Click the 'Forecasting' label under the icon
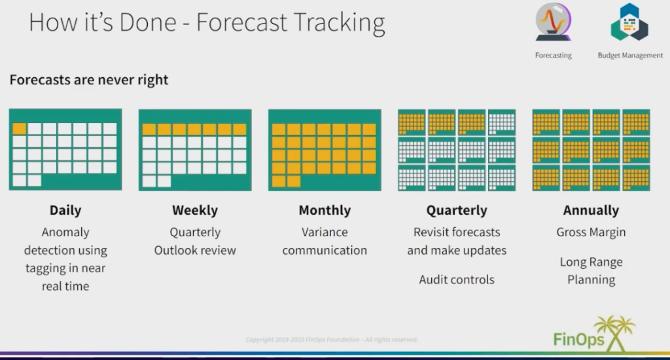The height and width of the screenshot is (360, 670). pyautogui.click(x=553, y=56)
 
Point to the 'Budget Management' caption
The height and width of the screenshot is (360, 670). pyautogui.click(x=630, y=56)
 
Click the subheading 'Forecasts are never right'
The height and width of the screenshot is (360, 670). pyautogui.click(x=89, y=80)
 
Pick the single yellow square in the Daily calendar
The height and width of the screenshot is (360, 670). pyautogui.click(x=20, y=129)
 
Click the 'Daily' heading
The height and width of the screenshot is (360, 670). pyautogui.click(x=65, y=211)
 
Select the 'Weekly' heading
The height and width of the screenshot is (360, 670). pyautogui.click(x=195, y=211)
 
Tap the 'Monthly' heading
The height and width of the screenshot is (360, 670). pyautogui.click(x=325, y=211)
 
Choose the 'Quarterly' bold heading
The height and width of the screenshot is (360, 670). pyautogui.click(x=457, y=211)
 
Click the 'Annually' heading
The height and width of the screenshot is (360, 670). pyautogui.click(x=591, y=211)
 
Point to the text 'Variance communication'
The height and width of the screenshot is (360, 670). pyautogui.click(x=325, y=241)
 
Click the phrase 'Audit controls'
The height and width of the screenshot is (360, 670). pyautogui.click(x=457, y=280)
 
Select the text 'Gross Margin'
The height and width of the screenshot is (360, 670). pyautogui.click(x=591, y=232)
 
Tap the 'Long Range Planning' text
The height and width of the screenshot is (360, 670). pyautogui.click(x=591, y=271)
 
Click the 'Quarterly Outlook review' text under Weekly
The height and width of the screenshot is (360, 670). pyautogui.click(x=195, y=241)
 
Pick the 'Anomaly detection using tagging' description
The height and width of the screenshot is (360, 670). pyautogui.click(x=65, y=259)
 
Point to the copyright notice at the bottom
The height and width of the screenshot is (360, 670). pyautogui.click(x=331, y=340)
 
